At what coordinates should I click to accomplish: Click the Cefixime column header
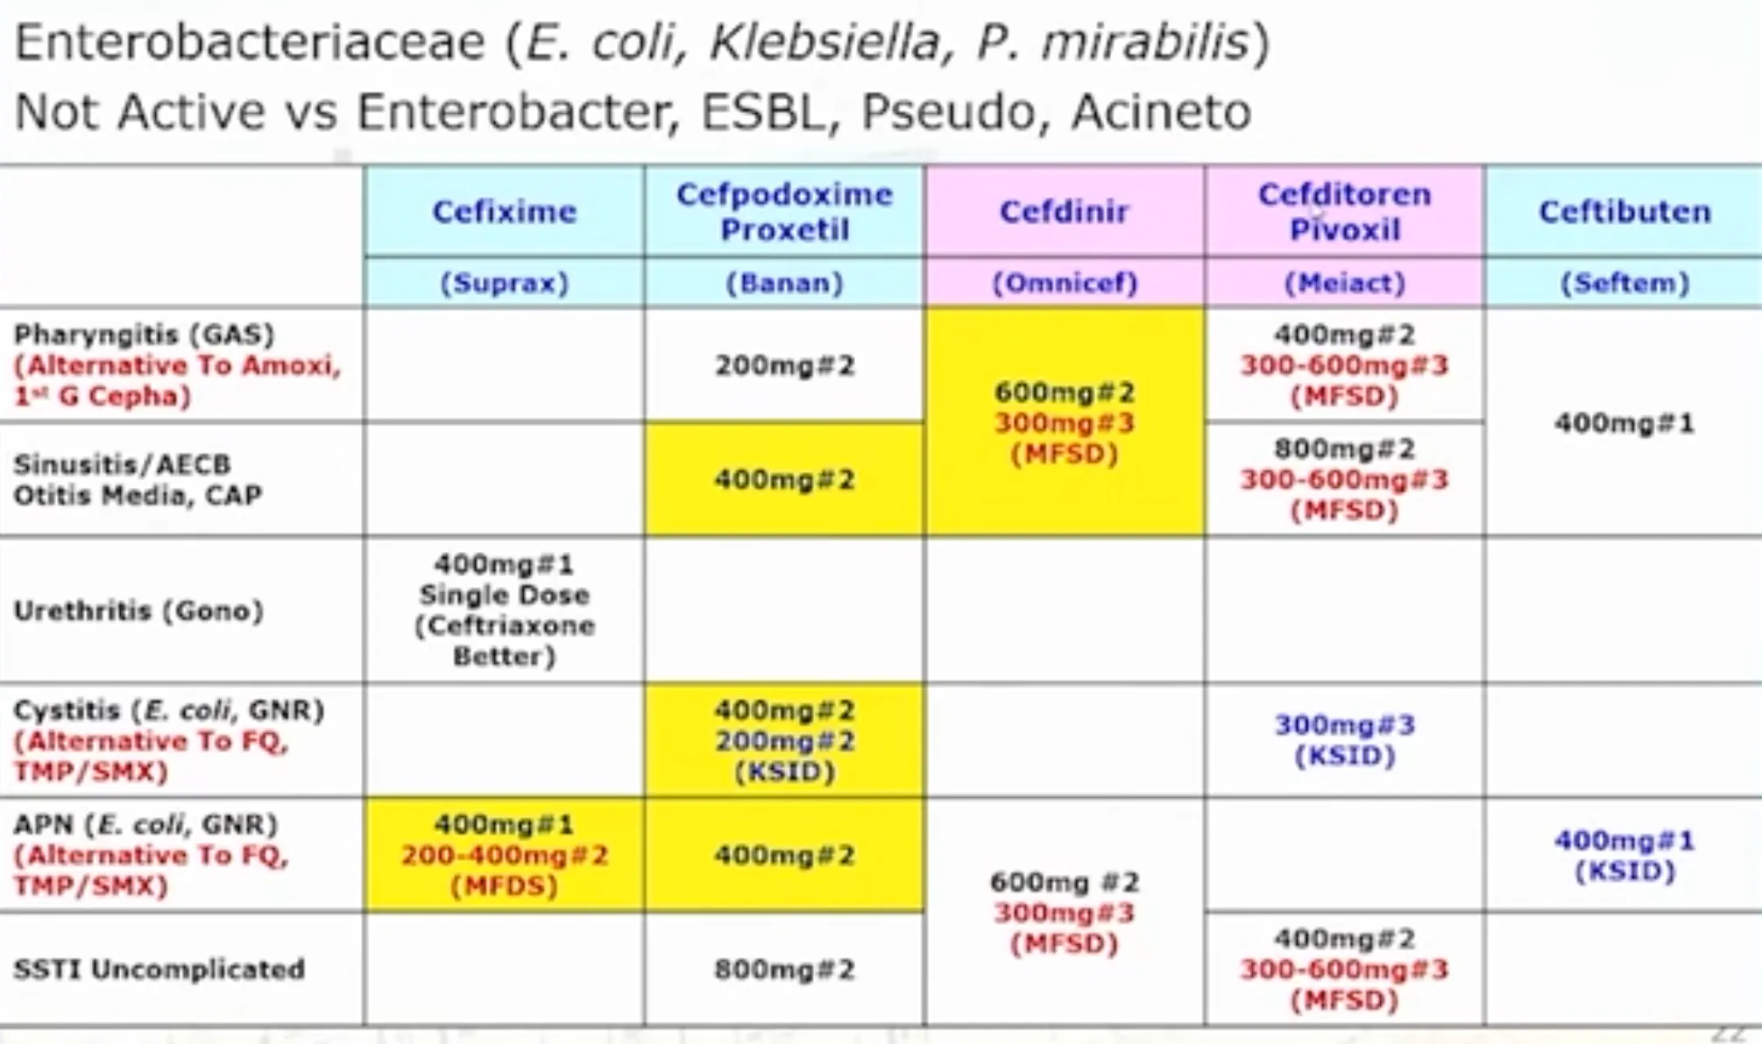tap(504, 211)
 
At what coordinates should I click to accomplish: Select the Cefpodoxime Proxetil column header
tap(784, 211)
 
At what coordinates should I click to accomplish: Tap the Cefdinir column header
tap(1064, 211)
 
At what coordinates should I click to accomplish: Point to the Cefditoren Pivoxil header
tap(1344, 211)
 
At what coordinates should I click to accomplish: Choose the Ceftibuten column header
tap(1624, 211)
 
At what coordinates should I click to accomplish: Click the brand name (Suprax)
tap(504, 283)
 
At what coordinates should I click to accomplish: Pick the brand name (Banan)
tap(784, 283)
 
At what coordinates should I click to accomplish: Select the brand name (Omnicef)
tap(1064, 283)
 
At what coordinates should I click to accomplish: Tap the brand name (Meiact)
tap(1344, 283)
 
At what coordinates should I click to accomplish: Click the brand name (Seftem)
tap(1624, 283)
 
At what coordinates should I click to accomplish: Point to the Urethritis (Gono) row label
tap(138, 610)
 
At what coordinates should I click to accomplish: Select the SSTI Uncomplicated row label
tap(159, 970)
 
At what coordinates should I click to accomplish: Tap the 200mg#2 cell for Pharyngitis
tap(784, 365)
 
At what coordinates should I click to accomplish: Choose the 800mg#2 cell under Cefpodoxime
tap(784, 970)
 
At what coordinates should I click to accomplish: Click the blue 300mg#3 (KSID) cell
tap(1344, 740)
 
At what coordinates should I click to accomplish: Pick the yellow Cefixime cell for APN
tap(504, 855)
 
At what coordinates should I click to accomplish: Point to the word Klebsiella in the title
tap(824, 42)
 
